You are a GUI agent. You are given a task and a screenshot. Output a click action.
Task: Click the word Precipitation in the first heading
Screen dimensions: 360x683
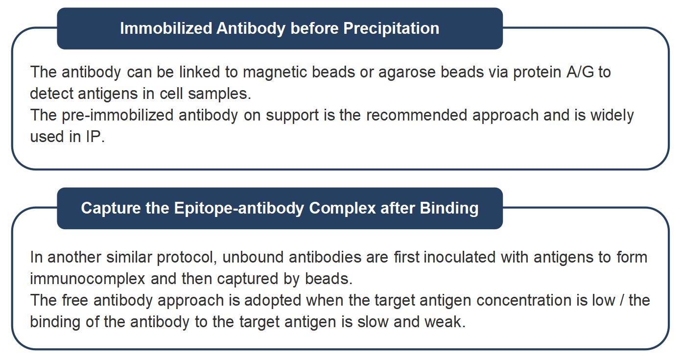tap(391, 28)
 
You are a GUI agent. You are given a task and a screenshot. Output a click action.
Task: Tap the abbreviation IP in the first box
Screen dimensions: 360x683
tap(94, 137)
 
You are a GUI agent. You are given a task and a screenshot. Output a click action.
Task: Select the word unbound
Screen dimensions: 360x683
tap(254, 257)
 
